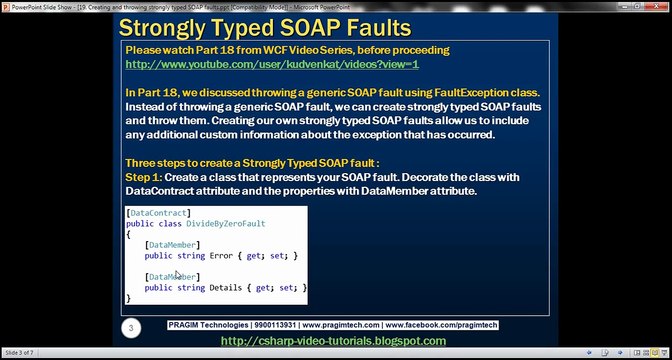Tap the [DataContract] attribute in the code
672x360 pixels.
[x=159, y=213]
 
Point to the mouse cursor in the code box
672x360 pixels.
[x=178, y=275]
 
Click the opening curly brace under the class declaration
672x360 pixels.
[x=129, y=234]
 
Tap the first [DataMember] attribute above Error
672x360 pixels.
[x=172, y=245]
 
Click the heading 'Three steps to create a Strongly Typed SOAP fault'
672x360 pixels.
[x=266, y=162]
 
